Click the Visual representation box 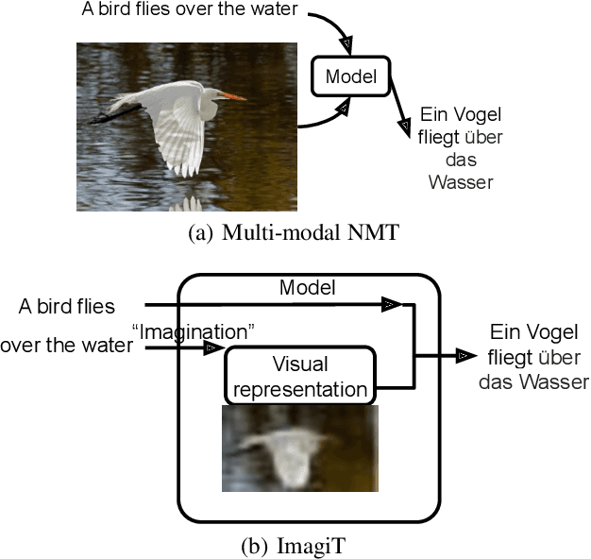pos(298,375)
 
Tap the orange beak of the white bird pos(232,95)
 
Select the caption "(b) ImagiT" pos(295,545)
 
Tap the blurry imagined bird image pos(299,449)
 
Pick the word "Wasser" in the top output pos(461,181)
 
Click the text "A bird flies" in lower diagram pos(67,306)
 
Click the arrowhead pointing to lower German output pos(465,355)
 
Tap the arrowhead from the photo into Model pos(344,110)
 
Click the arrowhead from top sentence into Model pos(347,43)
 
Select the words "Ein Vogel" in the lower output pos(534,332)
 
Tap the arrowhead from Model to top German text pos(406,126)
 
